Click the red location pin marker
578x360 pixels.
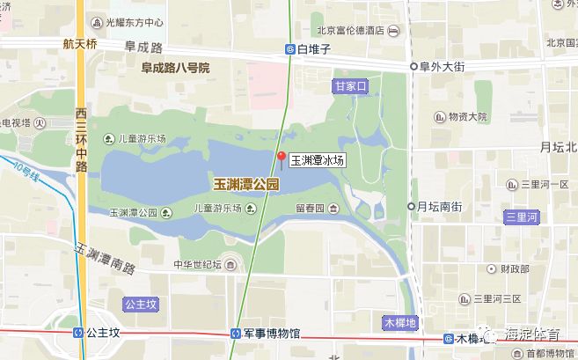coord(281,158)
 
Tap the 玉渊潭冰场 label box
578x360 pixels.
coord(317,161)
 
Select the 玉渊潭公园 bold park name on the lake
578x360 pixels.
coord(245,185)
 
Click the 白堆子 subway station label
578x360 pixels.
coord(313,49)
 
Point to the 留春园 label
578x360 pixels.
coord(311,209)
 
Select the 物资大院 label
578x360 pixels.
coord(467,116)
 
